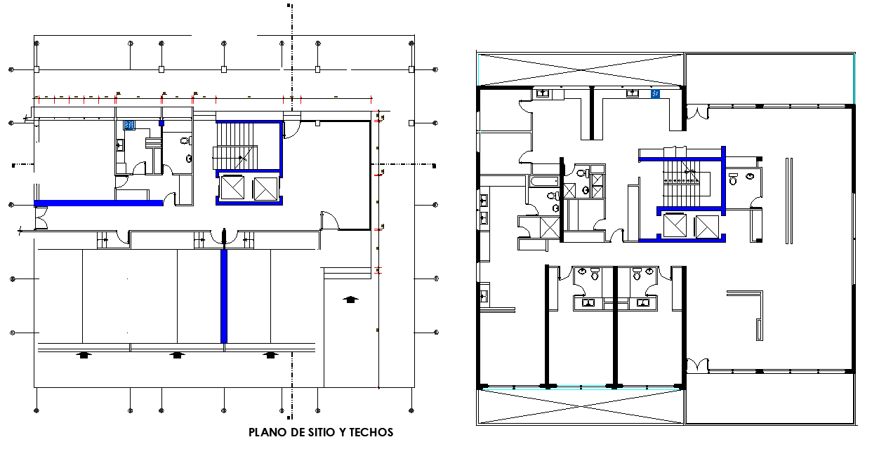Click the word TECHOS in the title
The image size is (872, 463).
370,432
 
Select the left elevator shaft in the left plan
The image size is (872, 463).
232,189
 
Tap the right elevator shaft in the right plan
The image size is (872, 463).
706,227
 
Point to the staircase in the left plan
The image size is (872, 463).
236,145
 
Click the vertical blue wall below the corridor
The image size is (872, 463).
224,296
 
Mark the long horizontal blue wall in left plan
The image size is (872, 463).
98,203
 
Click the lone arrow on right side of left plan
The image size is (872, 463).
350,300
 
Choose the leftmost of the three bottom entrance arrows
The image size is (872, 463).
84,355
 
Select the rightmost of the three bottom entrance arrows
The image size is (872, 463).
270,355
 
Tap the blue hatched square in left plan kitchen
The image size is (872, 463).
129,125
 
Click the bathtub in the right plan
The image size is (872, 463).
544,182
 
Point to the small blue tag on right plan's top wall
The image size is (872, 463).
656,93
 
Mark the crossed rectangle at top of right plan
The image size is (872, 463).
580,69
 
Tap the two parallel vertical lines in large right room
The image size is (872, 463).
788,200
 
